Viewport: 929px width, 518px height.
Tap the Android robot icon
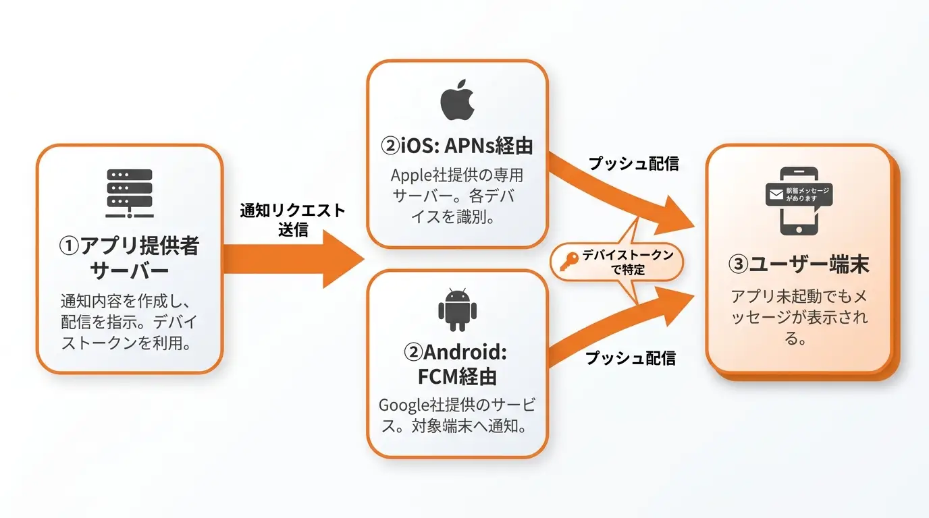coord(458,310)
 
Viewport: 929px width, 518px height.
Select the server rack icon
coord(130,193)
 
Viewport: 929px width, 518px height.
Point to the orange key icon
coord(568,262)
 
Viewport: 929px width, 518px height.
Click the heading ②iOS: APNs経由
coord(456,146)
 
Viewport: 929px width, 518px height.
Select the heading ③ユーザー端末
coord(798,264)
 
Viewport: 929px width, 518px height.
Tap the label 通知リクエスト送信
coord(292,220)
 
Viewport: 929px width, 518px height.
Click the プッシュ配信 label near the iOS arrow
coord(634,163)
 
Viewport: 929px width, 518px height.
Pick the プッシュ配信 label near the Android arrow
coord(631,358)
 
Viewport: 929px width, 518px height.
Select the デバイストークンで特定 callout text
coord(628,262)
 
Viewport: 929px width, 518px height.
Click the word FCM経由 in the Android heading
coord(457,376)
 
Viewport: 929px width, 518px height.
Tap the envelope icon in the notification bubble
coord(776,194)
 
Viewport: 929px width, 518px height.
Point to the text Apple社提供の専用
coord(456,175)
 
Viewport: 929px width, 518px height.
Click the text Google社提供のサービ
coord(457,405)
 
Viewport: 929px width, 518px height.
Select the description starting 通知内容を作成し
coord(128,322)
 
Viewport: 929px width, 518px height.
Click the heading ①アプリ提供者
coord(129,246)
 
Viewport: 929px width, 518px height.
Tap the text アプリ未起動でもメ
coord(799,297)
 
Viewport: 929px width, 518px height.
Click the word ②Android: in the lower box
coord(455,352)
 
